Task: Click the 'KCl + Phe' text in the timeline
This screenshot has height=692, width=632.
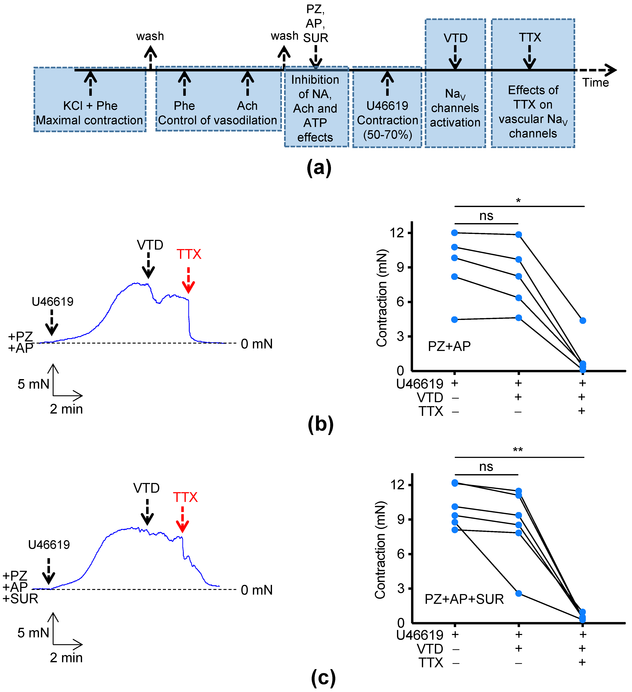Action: [x=90, y=106]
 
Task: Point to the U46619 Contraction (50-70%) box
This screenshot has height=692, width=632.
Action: [x=387, y=107]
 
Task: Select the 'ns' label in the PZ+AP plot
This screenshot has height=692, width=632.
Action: [x=486, y=216]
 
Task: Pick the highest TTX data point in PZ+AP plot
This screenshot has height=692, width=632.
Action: [x=583, y=321]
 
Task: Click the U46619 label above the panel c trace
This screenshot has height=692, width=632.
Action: [x=49, y=545]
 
